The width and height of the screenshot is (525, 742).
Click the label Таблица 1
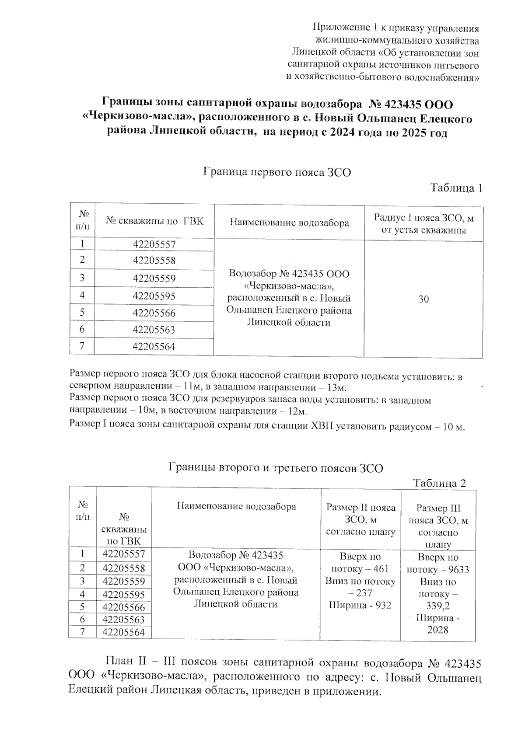click(456, 188)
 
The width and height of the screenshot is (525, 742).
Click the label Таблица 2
click(439, 483)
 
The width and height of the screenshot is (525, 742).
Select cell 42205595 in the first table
click(154, 296)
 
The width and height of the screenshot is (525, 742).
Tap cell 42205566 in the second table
click(123, 607)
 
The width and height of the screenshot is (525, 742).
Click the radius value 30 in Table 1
click(423, 299)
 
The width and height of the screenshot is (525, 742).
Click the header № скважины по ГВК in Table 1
click(154, 221)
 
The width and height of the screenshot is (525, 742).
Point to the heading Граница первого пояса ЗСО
click(277, 172)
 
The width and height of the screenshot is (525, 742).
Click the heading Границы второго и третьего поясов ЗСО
click(276, 468)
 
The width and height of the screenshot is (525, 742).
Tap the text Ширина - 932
click(360, 606)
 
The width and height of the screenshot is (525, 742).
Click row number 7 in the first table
click(82, 346)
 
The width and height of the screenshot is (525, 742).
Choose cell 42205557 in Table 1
click(154, 244)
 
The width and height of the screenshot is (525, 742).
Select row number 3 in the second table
click(82, 581)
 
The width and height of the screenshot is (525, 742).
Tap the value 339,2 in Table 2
click(437, 606)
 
